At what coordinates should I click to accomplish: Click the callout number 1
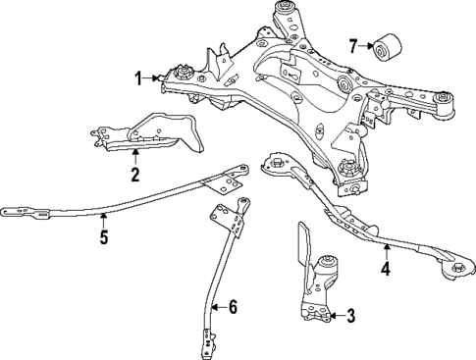coord(139,76)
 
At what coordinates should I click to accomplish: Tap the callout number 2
coord(134,176)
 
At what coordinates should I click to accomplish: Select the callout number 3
coord(349,316)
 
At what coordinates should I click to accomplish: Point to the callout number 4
coord(386,267)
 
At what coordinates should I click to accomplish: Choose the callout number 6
coord(233,307)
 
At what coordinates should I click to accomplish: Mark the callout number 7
coord(353,45)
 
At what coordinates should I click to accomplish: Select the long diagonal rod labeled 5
coord(118,204)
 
